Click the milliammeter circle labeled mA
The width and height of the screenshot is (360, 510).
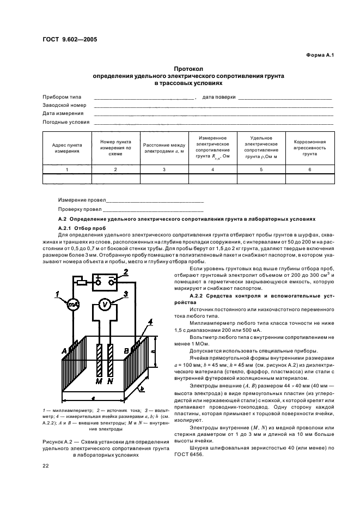[x=73, y=305]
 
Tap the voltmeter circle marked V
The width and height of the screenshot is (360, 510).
[x=104, y=305]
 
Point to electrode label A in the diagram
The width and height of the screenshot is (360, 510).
[x=64, y=351]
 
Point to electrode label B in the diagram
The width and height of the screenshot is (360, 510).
[x=126, y=351]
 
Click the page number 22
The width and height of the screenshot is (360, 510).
[x=46, y=466]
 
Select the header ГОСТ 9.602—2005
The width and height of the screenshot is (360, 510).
[x=70, y=40]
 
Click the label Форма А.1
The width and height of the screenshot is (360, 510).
[x=320, y=55]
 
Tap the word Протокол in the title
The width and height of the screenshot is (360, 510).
[x=188, y=69]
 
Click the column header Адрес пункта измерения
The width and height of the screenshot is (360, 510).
[x=67, y=148]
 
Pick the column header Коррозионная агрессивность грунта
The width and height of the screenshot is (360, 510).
[x=309, y=148]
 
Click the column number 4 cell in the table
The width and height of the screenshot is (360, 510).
[x=213, y=169]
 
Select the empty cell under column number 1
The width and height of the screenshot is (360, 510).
[x=67, y=179]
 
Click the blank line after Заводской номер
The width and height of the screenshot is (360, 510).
[x=213, y=107]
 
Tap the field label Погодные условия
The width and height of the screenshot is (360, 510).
[x=66, y=122]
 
